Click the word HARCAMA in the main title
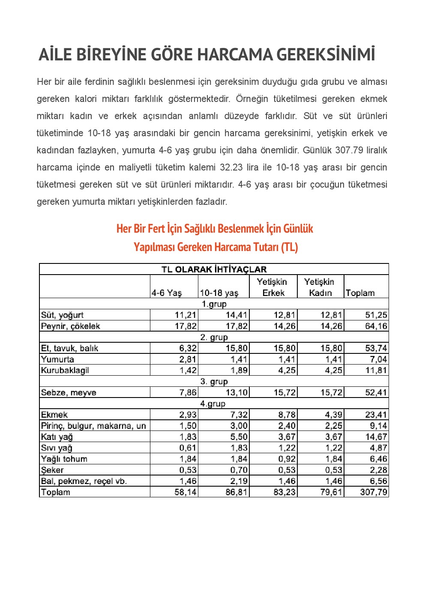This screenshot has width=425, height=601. [x=235, y=55]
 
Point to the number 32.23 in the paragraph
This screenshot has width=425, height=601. [x=232, y=167]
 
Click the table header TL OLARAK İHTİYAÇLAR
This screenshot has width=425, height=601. [x=214, y=269]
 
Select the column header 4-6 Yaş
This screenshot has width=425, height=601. [x=167, y=293]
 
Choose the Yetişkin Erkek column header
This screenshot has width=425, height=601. [x=272, y=287]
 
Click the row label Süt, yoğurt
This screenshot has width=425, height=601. [x=63, y=315]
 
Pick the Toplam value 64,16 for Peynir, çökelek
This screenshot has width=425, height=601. [x=376, y=326]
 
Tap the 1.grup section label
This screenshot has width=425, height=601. [x=214, y=304]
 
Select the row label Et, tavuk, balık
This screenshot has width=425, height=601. [x=69, y=348]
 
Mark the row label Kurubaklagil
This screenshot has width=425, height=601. [x=65, y=371]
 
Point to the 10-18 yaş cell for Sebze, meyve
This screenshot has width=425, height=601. [x=236, y=393]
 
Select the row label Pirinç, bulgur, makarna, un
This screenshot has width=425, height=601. [x=93, y=426]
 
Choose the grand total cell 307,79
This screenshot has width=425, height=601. [x=373, y=492]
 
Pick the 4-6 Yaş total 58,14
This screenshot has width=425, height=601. [x=186, y=492]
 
